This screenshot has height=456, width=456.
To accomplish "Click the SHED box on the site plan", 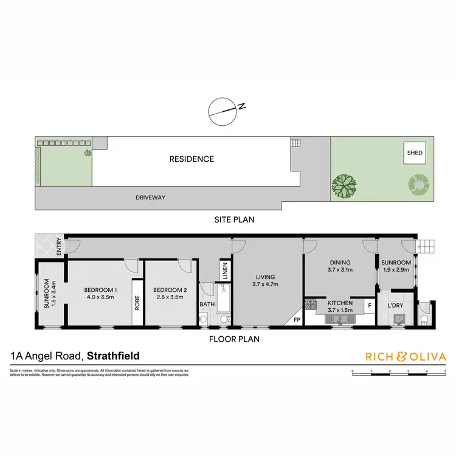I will click(416, 154).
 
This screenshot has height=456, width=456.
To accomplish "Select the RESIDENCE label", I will click(192, 159).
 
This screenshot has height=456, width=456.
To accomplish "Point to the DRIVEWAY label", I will click(150, 198).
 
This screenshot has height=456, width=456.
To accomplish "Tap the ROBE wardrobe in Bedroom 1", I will click(137, 302).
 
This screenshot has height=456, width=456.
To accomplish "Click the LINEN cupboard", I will click(224, 271).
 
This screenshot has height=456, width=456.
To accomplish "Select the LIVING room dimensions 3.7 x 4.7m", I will click(264, 284).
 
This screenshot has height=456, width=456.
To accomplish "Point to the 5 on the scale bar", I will click(445, 370).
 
